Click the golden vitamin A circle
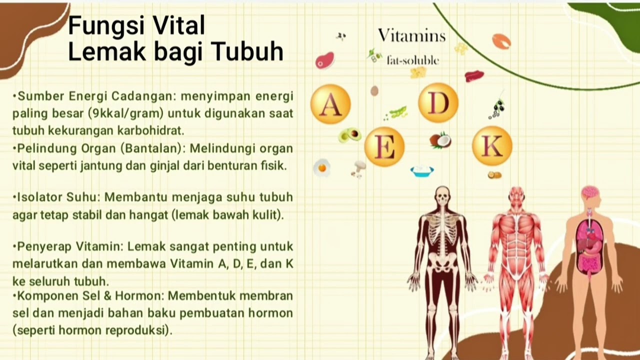(330, 104)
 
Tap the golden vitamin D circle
(438, 102)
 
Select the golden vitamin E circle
(384, 146)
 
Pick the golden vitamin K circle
(492, 146)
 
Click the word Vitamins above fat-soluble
(411, 35)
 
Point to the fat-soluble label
(412, 60)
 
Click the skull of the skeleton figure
(442, 195)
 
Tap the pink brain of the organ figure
(590, 192)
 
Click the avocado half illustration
(350, 134)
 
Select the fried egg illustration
(322, 167)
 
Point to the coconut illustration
(440, 140)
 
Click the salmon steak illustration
(501, 41)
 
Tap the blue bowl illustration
(422, 171)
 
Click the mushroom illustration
(358, 169)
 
